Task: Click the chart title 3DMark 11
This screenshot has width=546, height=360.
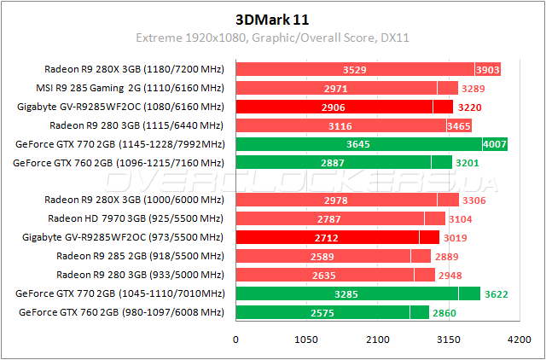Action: [272, 18]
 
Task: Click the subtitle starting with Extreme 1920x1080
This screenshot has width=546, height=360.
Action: [272, 38]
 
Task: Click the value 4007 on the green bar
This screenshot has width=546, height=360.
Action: [495, 144]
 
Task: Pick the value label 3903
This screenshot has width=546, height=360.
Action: [487, 69]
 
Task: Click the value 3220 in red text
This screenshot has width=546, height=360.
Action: [470, 107]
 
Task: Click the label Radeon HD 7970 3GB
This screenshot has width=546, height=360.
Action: [135, 218]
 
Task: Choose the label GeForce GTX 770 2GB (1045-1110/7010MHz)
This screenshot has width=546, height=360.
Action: [119, 294]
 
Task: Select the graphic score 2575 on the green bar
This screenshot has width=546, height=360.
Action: [321, 313]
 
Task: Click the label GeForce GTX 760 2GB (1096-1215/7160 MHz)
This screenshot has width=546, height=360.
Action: [119, 163]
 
